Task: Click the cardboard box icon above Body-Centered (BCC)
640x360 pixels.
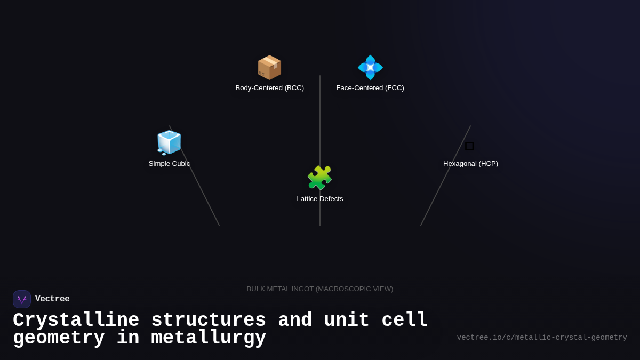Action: pos(269,68)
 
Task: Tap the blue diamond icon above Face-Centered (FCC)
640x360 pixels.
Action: pos(370,68)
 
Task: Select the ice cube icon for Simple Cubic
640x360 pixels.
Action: pos(169,142)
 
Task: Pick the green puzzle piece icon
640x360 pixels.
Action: pos(319,178)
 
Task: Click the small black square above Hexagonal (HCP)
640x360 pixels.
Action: pos(469,146)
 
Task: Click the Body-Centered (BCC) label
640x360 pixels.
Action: pos(269,88)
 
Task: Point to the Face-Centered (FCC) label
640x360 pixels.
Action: pos(370,88)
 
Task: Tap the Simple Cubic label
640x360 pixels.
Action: pos(169,164)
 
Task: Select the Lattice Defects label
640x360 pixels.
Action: pos(320,199)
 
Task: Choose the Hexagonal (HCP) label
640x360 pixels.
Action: pos(470,164)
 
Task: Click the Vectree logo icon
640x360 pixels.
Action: pos(22,299)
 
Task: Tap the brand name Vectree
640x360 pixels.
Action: pos(52,299)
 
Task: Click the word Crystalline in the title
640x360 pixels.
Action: pos(76,321)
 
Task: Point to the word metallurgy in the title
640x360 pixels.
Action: pos(209,338)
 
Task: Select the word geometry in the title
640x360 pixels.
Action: pos(59,338)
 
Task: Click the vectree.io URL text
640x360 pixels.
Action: pos(542,338)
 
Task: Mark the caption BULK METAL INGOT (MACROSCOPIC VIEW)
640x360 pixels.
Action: pos(320,289)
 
